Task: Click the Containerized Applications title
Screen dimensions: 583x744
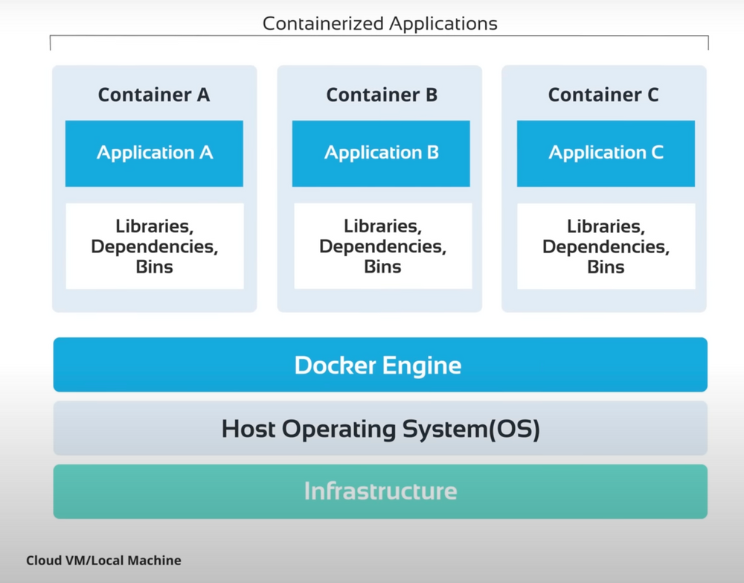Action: (379, 23)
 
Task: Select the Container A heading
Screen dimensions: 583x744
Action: (154, 95)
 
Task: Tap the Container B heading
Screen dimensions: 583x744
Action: (381, 95)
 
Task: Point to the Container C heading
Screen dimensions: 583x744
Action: (603, 95)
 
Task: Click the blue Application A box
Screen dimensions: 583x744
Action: (154, 153)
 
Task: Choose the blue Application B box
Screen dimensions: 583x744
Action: (381, 153)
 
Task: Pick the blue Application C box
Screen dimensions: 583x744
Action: (606, 153)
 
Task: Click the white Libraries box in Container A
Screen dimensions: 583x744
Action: (155, 246)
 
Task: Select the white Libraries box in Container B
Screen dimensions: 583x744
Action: (382, 246)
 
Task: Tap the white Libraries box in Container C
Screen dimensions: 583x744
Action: (606, 246)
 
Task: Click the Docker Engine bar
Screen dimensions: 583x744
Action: (379, 365)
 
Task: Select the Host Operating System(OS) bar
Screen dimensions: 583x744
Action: (379, 429)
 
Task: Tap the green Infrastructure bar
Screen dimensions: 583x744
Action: (379, 491)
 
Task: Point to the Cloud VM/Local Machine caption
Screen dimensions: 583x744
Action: (103, 560)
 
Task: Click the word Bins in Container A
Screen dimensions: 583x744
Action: (155, 267)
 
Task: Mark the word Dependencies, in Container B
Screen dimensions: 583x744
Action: (382, 246)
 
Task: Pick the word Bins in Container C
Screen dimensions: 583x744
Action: (606, 267)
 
